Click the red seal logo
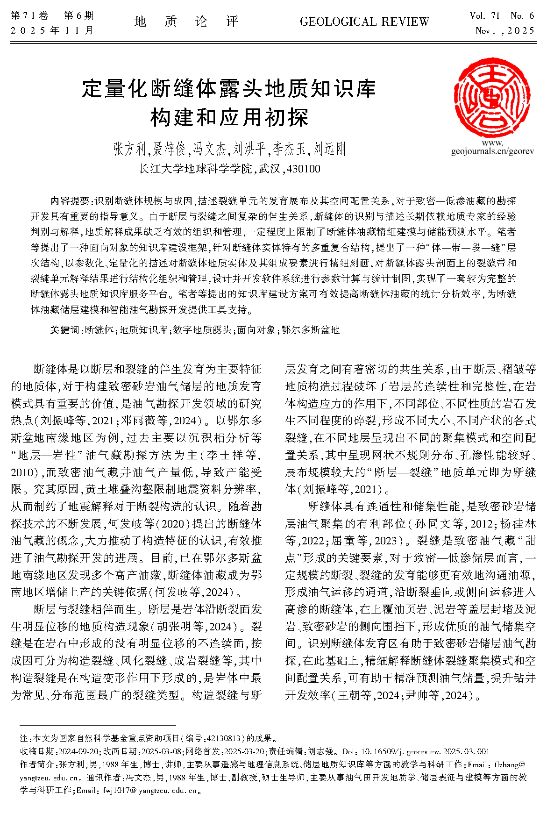(492, 98)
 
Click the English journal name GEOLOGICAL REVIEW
(364, 22)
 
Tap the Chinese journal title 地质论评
(186, 22)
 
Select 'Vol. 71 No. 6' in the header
(502, 16)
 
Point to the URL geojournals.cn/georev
(492, 151)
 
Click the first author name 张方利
(130, 149)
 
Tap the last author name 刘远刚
(329, 149)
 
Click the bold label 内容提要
(70, 201)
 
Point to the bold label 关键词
(66, 330)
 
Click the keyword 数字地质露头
(202, 330)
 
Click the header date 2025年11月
(52, 31)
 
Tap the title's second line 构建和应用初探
(229, 117)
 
